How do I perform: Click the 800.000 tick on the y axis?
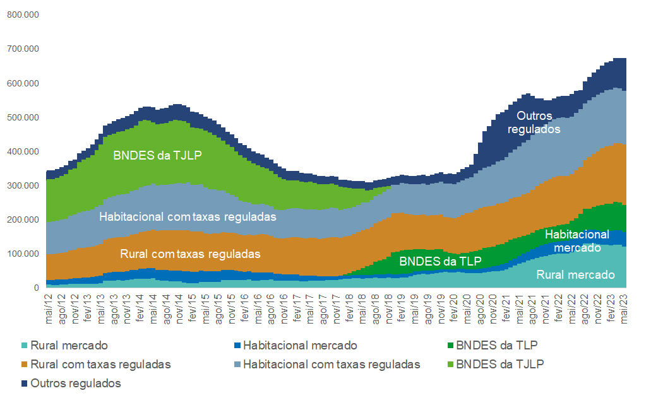coord(23,14)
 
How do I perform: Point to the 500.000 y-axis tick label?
coord(23,117)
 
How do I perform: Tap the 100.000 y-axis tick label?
coord(23,254)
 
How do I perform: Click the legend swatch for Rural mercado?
coord(25,346)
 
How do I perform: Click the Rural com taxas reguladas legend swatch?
coord(25,365)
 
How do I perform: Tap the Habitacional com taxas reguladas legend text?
coord(331,365)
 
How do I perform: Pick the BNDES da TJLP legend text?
coord(499,365)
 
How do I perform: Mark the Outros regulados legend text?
coord(76,383)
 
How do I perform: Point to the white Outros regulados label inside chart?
coord(534,122)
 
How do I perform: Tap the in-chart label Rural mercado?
coord(575,274)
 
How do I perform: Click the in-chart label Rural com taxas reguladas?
coord(191,254)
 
